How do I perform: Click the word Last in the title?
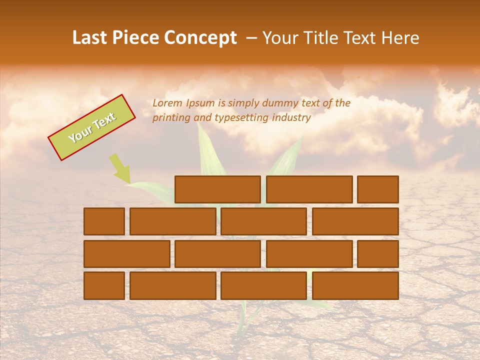pyautogui.click(x=91, y=38)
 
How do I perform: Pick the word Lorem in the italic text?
pyautogui.click(x=167, y=103)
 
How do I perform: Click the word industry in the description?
pyautogui.click(x=291, y=118)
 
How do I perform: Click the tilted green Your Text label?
pyautogui.click(x=91, y=127)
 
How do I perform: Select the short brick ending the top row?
pyautogui.click(x=378, y=189)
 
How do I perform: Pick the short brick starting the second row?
pyautogui.click(x=104, y=221)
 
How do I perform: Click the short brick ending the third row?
pyautogui.click(x=378, y=254)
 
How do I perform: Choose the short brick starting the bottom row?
pyautogui.click(x=104, y=285)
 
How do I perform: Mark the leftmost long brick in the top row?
pyautogui.click(x=217, y=189)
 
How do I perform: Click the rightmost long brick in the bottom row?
pyautogui.click(x=355, y=285)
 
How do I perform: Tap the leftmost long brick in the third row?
pyautogui.click(x=126, y=254)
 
